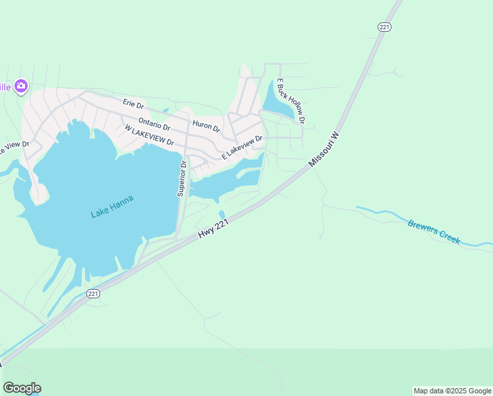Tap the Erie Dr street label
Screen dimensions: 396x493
(132, 103)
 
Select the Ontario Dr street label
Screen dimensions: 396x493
(154, 123)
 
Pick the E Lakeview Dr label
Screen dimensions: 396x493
(242, 147)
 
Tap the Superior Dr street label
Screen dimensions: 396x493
(182, 178)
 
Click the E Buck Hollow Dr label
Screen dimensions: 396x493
(290, 101)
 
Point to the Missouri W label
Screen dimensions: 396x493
(324, 148)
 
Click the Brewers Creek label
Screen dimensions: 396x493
(434, 232)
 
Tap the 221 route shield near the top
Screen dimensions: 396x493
(385, 26)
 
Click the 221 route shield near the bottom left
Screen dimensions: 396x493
(93, 294)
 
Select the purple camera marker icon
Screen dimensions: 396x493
(21, 86)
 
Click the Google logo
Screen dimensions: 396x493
(22, 387)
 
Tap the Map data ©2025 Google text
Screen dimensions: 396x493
(452, 391)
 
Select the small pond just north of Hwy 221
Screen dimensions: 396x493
(221, 214)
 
